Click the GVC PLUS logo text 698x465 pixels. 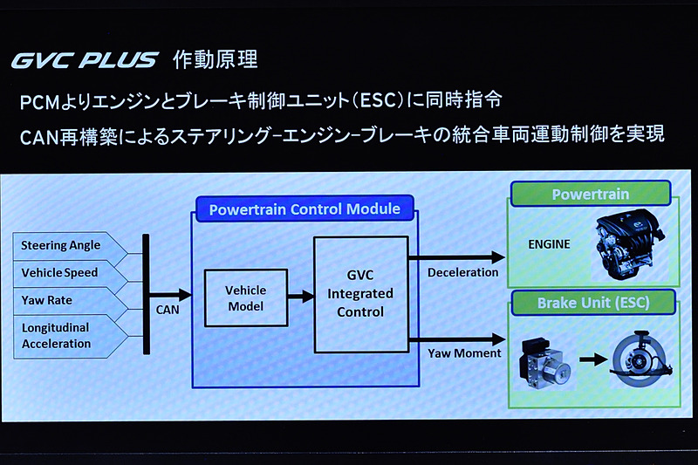[84, 60]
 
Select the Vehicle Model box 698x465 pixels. [245, 297]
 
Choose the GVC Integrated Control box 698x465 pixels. [360, 294]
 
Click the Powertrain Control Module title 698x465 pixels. [305, 209]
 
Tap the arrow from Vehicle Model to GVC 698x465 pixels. [300, 297]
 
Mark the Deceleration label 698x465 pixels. [462, 272]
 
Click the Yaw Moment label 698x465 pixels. [464, 353]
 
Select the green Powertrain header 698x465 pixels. [590, 195]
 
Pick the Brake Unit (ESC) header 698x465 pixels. [592, 304]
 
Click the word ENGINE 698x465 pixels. [549, 244]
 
